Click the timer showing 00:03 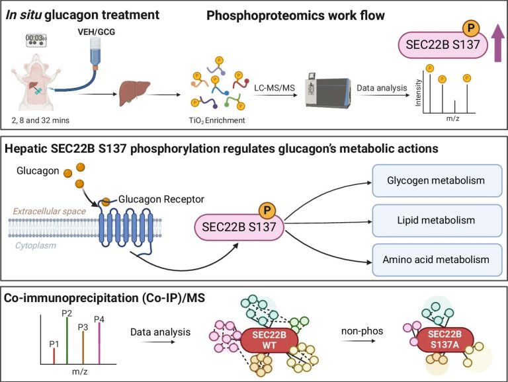(36, 40)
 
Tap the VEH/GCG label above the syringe (96, 32)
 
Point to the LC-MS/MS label (275, 88)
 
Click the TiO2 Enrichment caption (217, 120)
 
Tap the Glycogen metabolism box (437, 180)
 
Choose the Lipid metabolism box (437, 221)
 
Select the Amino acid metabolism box (437, 260)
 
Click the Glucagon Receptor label (161, 199)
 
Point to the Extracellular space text (50, 211)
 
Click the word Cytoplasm (36, 246)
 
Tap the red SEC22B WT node (269, 340)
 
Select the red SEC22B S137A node (444, 340)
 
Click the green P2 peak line (67, 341)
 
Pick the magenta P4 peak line (99, 344)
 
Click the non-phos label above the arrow (362, 331)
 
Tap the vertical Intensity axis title (418, 93)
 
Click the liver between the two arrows (134, 93)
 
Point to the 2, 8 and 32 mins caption (40, 120)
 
